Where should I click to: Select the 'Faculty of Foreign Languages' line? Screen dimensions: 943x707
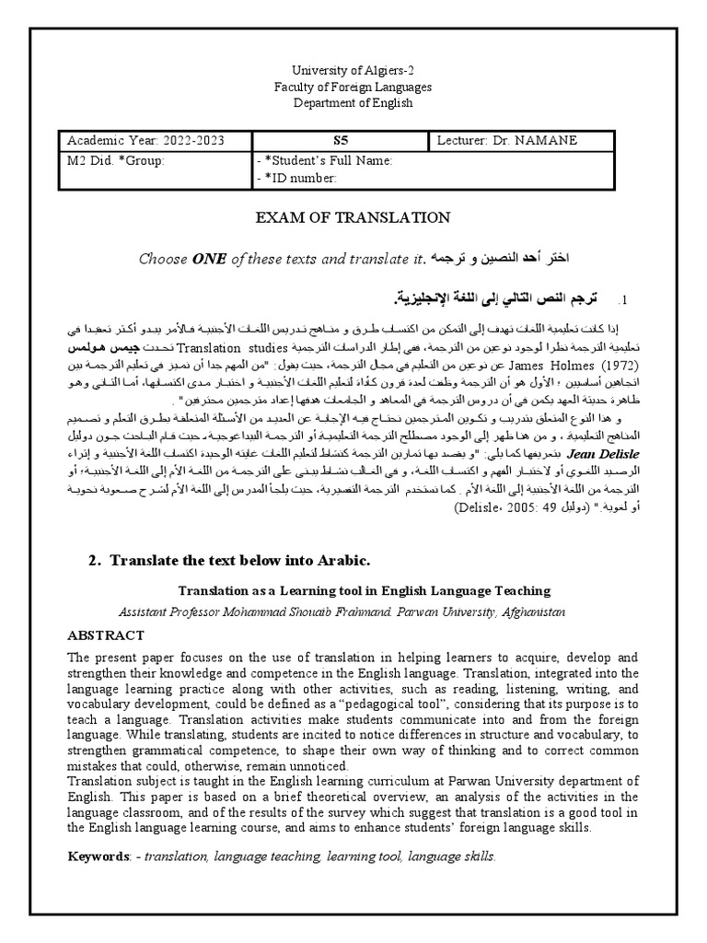pyautogui.click(x=353, y=87)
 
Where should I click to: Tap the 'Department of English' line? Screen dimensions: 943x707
pyautogui.click(x=353, y=102)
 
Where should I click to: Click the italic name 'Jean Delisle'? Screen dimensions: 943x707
pyautogui.click(x=614, y=454)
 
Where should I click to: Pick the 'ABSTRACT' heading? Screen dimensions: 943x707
pyautogui.click(x=105, y=635)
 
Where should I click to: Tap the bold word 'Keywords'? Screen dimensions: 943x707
pyautogui.click(x=98, y=856)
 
